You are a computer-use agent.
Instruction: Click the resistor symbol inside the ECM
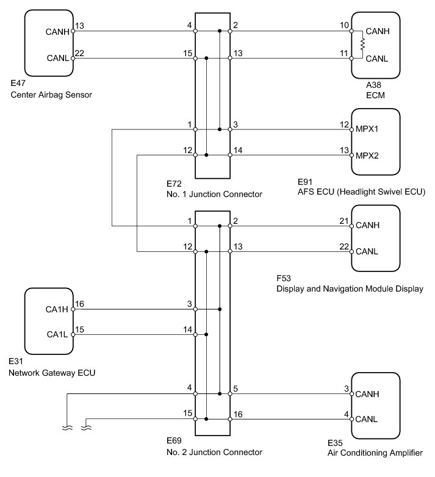click(x=362, y=45)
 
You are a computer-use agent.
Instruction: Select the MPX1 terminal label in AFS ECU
click(x=367, y=129)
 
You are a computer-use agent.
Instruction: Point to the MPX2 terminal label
click(x=367, y=156)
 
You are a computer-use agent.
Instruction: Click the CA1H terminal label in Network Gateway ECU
click(x=57, y=309)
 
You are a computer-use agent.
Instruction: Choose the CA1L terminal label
click(x=57, y=335)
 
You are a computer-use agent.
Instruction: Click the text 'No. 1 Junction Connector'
click(x=215, y=195)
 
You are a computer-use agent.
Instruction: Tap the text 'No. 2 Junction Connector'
click(x=215, y=453)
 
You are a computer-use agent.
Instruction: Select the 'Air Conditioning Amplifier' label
click(x=375, y=453)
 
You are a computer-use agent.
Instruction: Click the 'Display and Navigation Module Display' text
click(x=350, y=289)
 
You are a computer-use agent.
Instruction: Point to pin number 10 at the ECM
click(x=344, y=25)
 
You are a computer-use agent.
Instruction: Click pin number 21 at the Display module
click(x=344, y=221)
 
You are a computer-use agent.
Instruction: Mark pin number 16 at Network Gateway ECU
click(x=80, y=304)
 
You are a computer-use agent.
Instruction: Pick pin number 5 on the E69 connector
click(x=235, y=389)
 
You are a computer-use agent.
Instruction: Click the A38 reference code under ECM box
click(x=373, y=85)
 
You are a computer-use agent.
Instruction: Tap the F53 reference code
click(x=284, y=278)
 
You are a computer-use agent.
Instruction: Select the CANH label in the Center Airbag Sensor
click(x=57, y=32)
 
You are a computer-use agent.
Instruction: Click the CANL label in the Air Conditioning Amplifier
click(x=366, y=419)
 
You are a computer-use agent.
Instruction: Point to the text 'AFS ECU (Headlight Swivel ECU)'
click(x=361, y=192)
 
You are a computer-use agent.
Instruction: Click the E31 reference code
click(x=16, y=361)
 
